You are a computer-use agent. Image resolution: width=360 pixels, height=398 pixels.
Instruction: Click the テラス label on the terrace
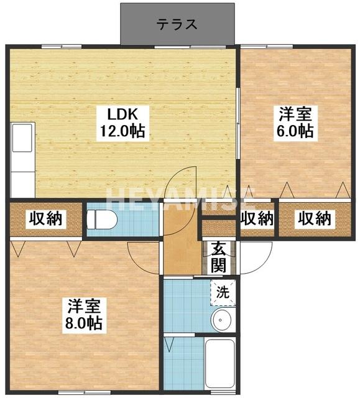pos(177,24)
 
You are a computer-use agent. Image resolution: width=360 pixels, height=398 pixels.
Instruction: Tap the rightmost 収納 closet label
pos(315,219)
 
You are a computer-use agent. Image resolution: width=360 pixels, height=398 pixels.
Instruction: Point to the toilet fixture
pos(100,220)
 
